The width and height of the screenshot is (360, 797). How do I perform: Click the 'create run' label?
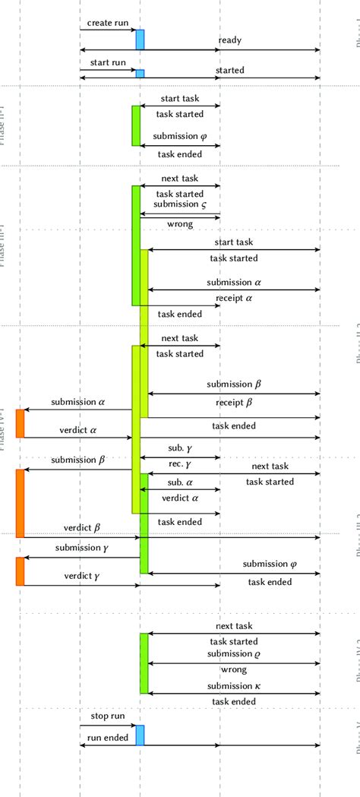coord(108,23)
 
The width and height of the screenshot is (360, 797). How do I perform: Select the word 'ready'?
coord(230,40)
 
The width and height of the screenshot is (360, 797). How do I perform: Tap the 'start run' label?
coord(107,62)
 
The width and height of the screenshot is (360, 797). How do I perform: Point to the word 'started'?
coord(230,71)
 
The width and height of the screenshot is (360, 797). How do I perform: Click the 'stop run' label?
coord(106,716)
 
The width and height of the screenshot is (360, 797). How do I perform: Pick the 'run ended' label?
coord(107,738)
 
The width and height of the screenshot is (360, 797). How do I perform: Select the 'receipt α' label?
coord(234,299)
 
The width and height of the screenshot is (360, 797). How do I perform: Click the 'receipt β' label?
coord(233,403)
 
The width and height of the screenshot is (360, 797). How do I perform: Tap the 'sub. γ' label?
coord(179,448)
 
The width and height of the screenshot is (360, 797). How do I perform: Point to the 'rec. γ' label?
coord(179,463)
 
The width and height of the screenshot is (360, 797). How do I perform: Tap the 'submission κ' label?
coord(234,686)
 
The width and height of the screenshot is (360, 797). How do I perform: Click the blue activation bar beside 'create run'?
coord(140,40)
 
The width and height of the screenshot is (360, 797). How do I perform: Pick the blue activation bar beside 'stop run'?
coord(140,735)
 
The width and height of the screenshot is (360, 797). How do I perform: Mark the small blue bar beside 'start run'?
coord(140,73)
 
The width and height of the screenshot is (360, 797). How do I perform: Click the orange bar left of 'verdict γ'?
coord(21,571)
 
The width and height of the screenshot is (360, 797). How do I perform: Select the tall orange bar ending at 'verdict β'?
coord(21,503)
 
